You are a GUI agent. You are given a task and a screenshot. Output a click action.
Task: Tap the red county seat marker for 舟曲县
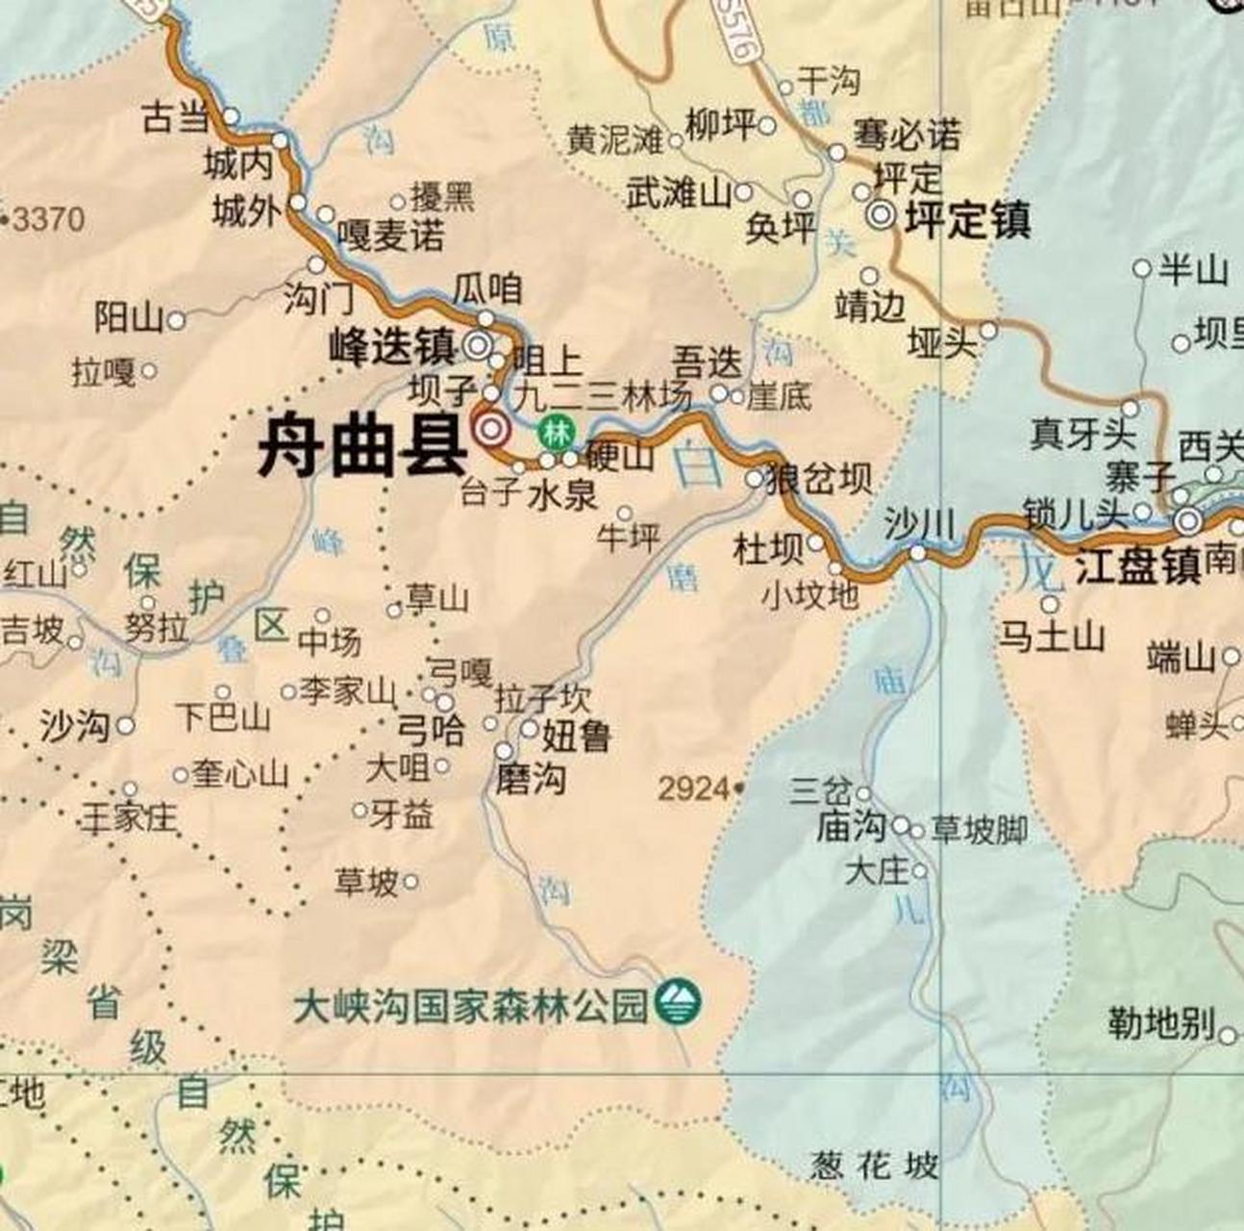click(490, 429)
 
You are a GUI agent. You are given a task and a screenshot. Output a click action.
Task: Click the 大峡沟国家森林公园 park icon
click(678, 1003)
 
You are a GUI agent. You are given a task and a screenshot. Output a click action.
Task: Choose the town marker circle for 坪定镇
click(881, 216)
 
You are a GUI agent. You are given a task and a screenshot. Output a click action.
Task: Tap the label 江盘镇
click(1137, 566)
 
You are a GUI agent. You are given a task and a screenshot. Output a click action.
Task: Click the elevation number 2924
click(694, 790)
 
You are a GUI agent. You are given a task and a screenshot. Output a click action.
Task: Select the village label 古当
click(175, 117)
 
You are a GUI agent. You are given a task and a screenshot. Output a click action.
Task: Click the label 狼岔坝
click(818, 478)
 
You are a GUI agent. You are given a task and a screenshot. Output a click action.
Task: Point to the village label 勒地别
click(1160, 1023)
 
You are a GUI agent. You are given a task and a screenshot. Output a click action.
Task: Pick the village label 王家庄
click(129, 817)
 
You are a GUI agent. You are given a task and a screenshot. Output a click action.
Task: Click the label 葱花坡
click(873, 1166)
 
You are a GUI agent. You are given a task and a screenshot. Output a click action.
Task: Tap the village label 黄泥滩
click(614, 140)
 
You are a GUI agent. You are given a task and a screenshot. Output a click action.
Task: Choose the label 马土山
click(1052, 637)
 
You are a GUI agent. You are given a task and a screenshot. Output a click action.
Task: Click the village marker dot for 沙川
click(918, 553)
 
